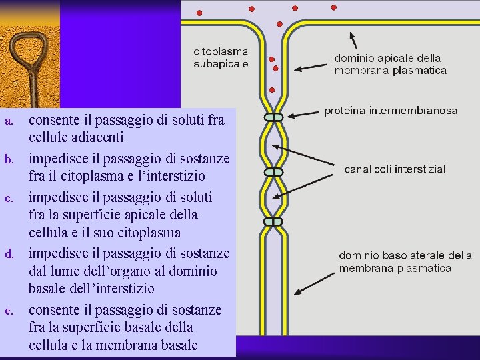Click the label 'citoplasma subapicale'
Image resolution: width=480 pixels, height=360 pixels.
pyautogui.click(x=221, y=57)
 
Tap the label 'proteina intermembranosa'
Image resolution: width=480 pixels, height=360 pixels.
pyautogui.click(x=390, y=110)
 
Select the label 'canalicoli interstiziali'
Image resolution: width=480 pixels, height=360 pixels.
pyautogui.click(x=396, y=169)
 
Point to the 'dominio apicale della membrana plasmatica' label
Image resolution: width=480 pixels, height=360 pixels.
pyautogui.click(x=390, y=64)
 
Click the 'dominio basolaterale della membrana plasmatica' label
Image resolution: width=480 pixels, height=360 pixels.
pyautogui.click(x=405, y=261)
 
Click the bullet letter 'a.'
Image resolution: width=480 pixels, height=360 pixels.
pyautogui.click(x=9, y=121)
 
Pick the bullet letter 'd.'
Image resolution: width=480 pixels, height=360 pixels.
pyautogui.click(x=9, y=255)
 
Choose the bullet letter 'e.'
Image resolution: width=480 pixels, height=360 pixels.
pyautogui.click(x=9, y=311)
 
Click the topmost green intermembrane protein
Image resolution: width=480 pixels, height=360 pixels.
pyautogui.click(x=273, y=117)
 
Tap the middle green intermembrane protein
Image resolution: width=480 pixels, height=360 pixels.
pyautogui.click(x=273, y=171)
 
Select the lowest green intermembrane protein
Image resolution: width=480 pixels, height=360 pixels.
pyautogui.click(x=273, y=221)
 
